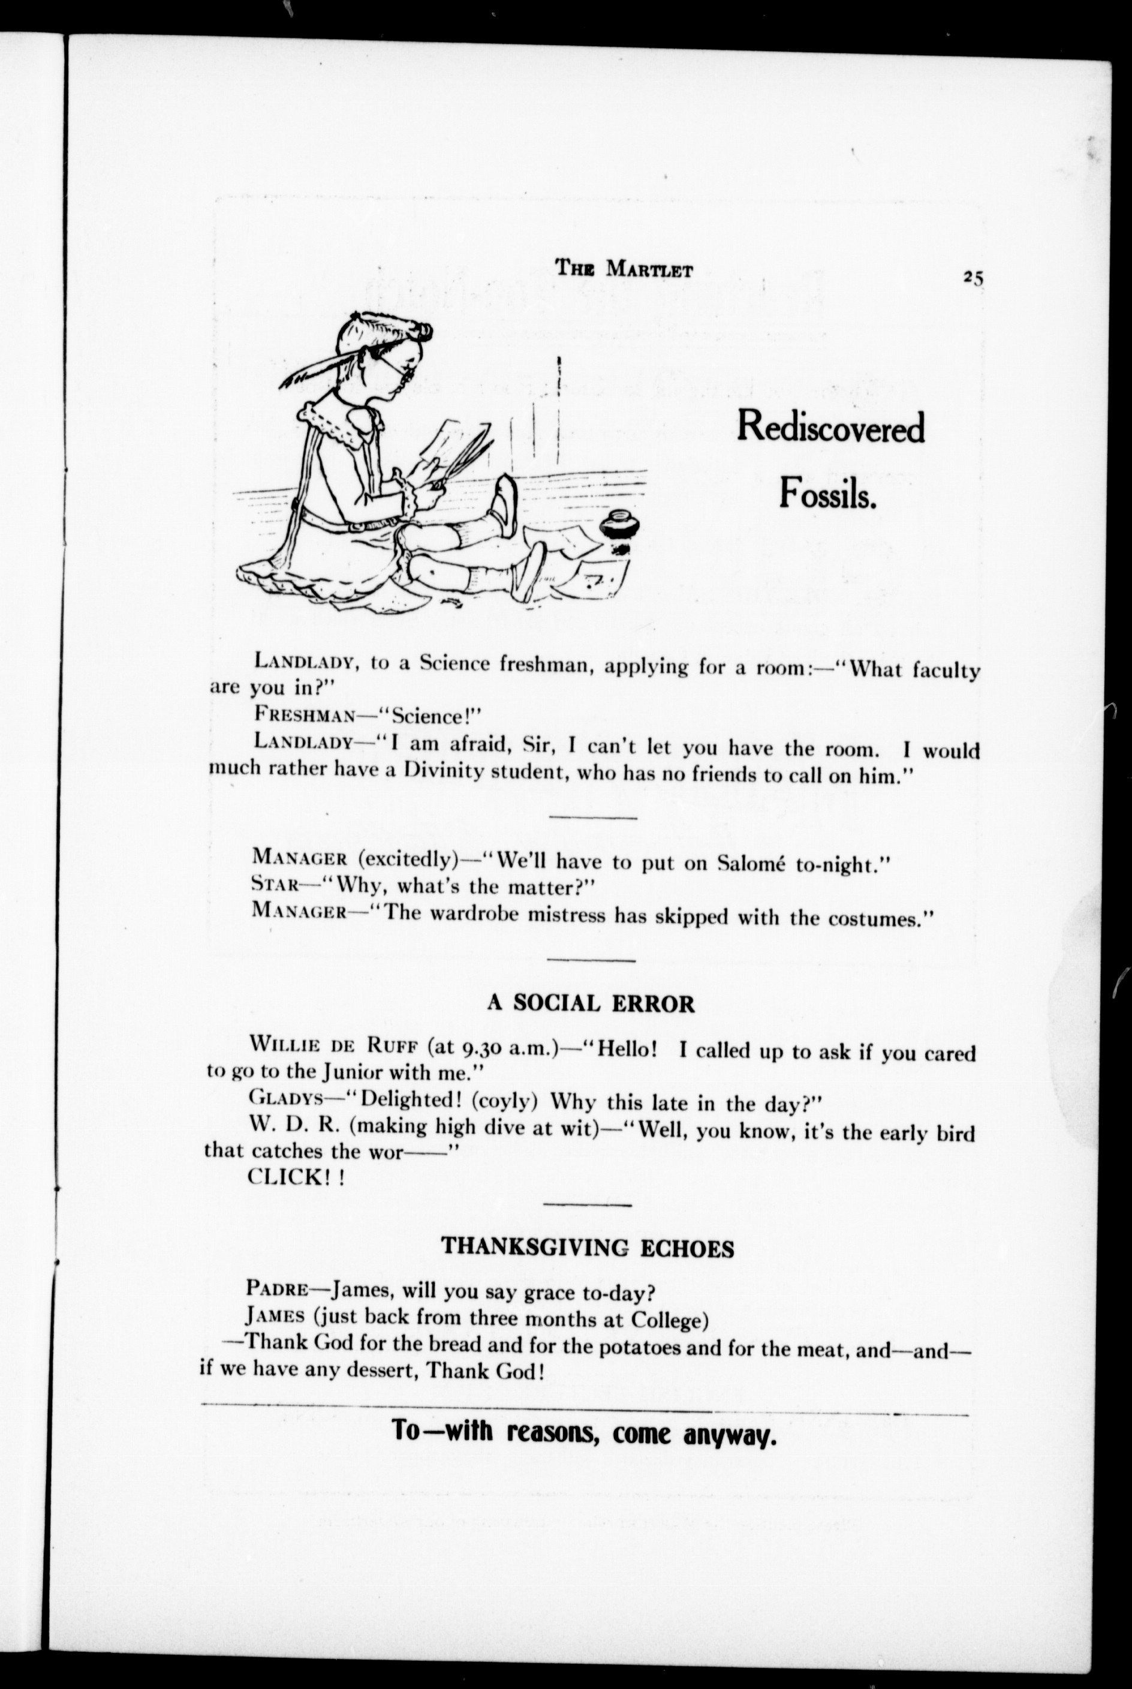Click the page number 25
pyautogui.click(x=972, y=277)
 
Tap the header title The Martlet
pyautogui.click(x=624, y=269)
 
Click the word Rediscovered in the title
pyautogui.click(x=830, y=428)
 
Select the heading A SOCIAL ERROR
pyautogui.click(x=591, y=1003)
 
